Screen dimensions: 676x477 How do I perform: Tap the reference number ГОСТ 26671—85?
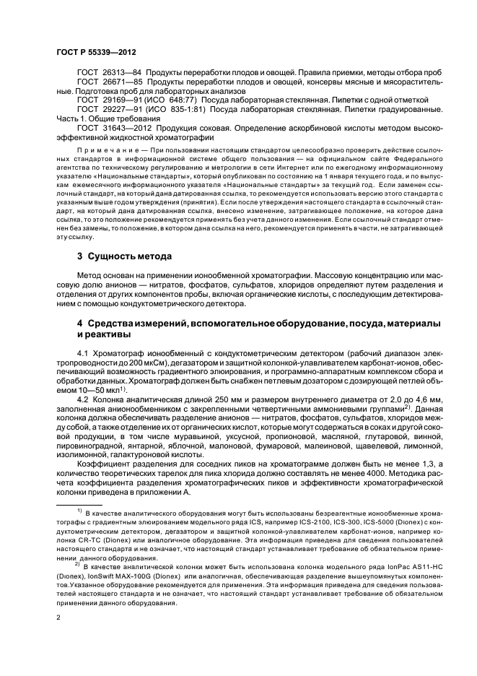[106, 84]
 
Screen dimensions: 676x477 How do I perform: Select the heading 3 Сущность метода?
[124, 257]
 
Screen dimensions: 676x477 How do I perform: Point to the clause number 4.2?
[82, 397]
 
